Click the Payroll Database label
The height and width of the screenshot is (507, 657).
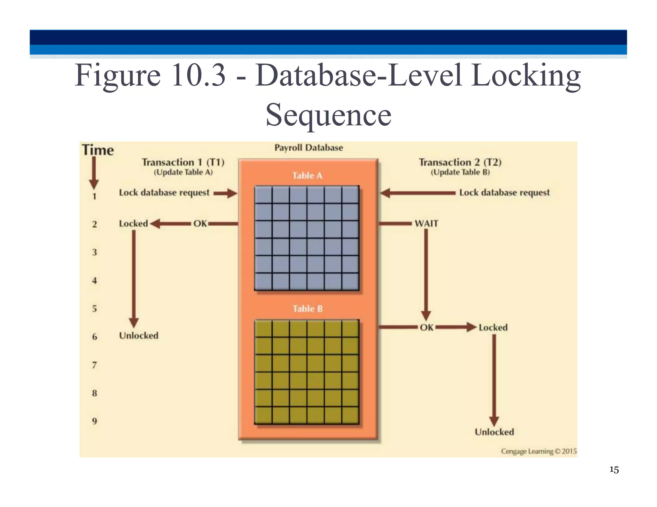tap(309, 148)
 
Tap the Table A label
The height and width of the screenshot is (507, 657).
tap(307, 176)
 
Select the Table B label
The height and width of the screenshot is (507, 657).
tap(307, 309)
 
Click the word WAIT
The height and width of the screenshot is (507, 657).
tap(426, 223)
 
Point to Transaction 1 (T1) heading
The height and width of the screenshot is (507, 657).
tap(183, 162)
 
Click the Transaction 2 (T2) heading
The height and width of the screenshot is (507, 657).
tap(460, 162)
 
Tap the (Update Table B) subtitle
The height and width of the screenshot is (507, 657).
tap(460, 172)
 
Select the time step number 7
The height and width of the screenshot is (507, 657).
tap(94, 365)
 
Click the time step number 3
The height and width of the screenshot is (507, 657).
tap(94, 252)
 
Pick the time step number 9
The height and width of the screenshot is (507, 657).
tap(94, 421)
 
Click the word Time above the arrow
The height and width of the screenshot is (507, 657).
tap(98, 150)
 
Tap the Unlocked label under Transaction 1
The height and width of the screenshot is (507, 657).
tap(139, 336)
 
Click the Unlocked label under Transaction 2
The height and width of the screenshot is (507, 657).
tap(494, 432)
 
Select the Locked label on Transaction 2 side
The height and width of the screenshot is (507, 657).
tap(493, 328)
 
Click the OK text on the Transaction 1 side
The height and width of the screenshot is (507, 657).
tap(200, 224)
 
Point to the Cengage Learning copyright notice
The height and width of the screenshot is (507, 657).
tap(539, 451)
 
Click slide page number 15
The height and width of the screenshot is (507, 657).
tap(614, 470)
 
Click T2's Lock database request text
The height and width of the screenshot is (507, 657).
tap(504, 193)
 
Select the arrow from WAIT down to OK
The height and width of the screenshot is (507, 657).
tap(426, 272)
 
